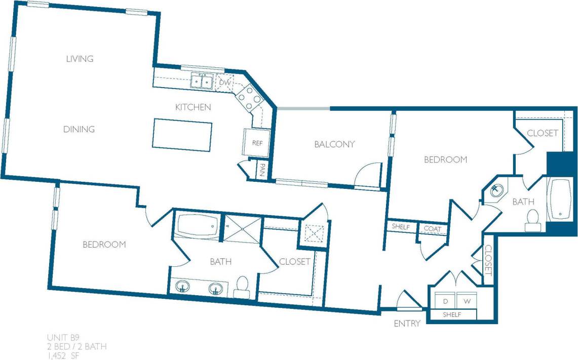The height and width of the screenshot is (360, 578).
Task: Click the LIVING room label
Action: (80, 59)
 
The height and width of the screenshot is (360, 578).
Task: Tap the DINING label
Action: (79, 129)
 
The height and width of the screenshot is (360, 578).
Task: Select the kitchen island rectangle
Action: (182, 135)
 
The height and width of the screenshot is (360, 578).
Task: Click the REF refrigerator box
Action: (257, 143)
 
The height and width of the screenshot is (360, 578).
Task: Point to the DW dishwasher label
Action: (224, 82)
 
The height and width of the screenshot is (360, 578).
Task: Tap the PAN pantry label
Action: (263, 168)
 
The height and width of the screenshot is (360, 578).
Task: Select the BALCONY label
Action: (334, 144)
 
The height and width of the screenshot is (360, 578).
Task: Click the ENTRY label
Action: (407, 324)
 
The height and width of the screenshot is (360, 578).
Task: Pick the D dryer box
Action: (445, 301)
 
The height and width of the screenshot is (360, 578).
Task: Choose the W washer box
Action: (468, 301)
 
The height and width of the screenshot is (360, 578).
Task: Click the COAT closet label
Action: (432, 228)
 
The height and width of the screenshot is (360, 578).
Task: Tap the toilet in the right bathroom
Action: (532, 220)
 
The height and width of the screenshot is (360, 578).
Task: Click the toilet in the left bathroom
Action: (242, 287)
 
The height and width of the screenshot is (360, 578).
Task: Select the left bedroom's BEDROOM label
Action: (104, 245)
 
